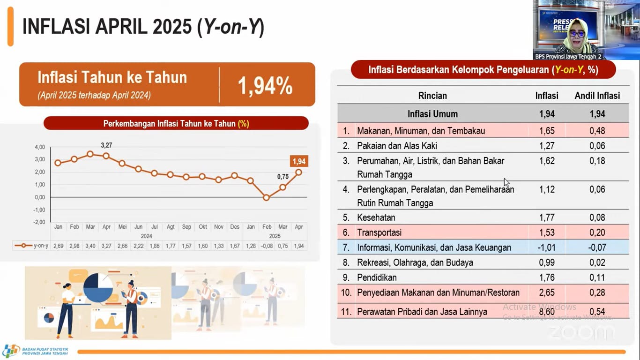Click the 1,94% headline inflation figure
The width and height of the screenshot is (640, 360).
(265, 85)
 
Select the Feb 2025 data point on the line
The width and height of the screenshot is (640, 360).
(266, 198)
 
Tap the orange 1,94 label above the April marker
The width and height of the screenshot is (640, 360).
(299, 162)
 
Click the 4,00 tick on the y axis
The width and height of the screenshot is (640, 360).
(40, 147)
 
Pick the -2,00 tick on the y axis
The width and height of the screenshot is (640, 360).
(39, 222)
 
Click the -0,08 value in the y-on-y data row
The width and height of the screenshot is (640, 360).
(267, 246)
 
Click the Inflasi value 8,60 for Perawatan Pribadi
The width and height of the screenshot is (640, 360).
(547, 312)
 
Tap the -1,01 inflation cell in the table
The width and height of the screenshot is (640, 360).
(547, 247)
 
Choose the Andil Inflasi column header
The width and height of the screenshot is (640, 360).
(597, 96)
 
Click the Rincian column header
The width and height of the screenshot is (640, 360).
(432, 96)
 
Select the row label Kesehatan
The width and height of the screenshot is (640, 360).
(376, 217)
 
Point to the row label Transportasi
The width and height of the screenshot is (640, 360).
(380, 232)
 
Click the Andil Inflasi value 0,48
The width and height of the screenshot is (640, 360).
(597, 131)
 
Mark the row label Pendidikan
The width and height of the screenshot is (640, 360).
(377, 277)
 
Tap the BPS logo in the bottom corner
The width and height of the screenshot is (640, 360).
(11, 351)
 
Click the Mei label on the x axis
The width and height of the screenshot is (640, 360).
(122, 227)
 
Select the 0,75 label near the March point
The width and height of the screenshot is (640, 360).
(283, 177)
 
